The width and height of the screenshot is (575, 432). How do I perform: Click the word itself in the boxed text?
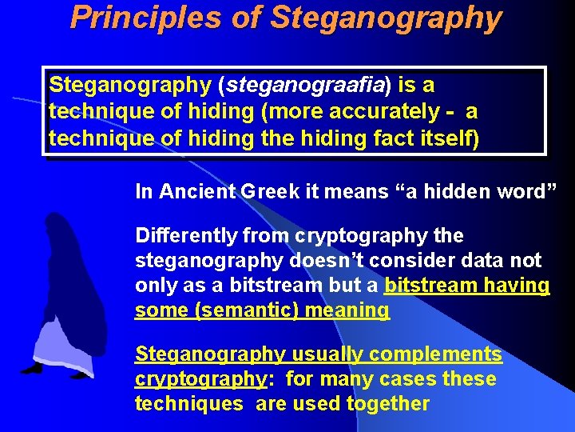click(x=448, y=138)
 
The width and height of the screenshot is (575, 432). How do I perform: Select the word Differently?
click(x=186, y=236)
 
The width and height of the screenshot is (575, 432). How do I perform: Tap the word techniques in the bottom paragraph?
click(x=188, y=403)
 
